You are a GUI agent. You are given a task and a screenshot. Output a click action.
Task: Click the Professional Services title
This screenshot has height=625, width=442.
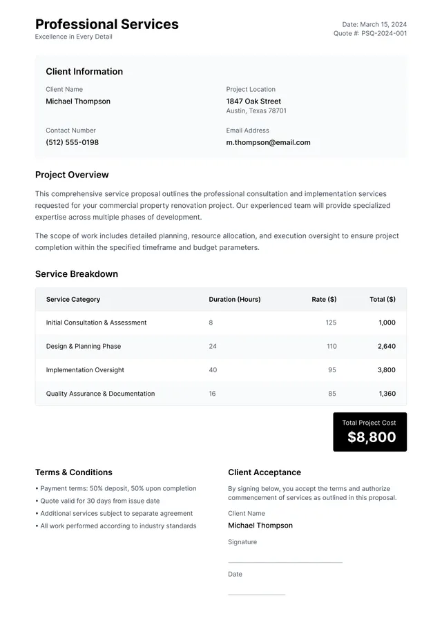(106, 24)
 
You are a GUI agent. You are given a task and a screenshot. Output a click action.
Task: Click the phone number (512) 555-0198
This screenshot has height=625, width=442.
(72, 142)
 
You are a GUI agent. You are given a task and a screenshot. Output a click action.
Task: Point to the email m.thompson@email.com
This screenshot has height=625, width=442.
(268, 142)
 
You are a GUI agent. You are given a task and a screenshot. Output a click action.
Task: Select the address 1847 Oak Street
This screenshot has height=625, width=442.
(253, 101)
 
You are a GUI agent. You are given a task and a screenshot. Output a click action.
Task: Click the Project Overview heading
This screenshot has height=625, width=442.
(72, 175)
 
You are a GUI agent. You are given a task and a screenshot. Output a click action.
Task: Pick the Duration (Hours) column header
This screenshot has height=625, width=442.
(235, 299)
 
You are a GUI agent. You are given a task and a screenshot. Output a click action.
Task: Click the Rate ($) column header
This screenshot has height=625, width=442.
(324, 299)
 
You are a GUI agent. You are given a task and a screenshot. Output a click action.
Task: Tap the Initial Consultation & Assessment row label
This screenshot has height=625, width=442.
(96, 323)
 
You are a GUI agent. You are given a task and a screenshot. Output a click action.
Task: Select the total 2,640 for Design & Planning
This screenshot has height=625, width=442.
(387, 346)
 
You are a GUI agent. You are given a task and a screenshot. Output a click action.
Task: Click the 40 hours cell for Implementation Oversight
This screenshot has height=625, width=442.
(213, 369)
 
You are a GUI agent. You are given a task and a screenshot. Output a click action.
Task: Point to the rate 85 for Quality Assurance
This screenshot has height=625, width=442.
(332, 394)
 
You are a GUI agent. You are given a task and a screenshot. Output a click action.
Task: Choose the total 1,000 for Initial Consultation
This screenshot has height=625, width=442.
(387, 323)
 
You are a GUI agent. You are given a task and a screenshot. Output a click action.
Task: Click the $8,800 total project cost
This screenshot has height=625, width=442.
(372, 437)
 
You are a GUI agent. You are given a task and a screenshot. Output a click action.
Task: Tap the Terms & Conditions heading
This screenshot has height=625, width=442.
(74, 472)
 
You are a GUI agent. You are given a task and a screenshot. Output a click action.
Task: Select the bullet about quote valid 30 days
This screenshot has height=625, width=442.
(99, 501)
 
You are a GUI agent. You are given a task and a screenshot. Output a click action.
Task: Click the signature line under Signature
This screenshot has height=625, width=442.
(285, 562)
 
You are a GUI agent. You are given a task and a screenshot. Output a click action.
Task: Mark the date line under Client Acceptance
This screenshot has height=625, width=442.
(256, 594)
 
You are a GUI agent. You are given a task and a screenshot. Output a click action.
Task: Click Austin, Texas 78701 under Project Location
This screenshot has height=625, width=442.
(256, 110)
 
